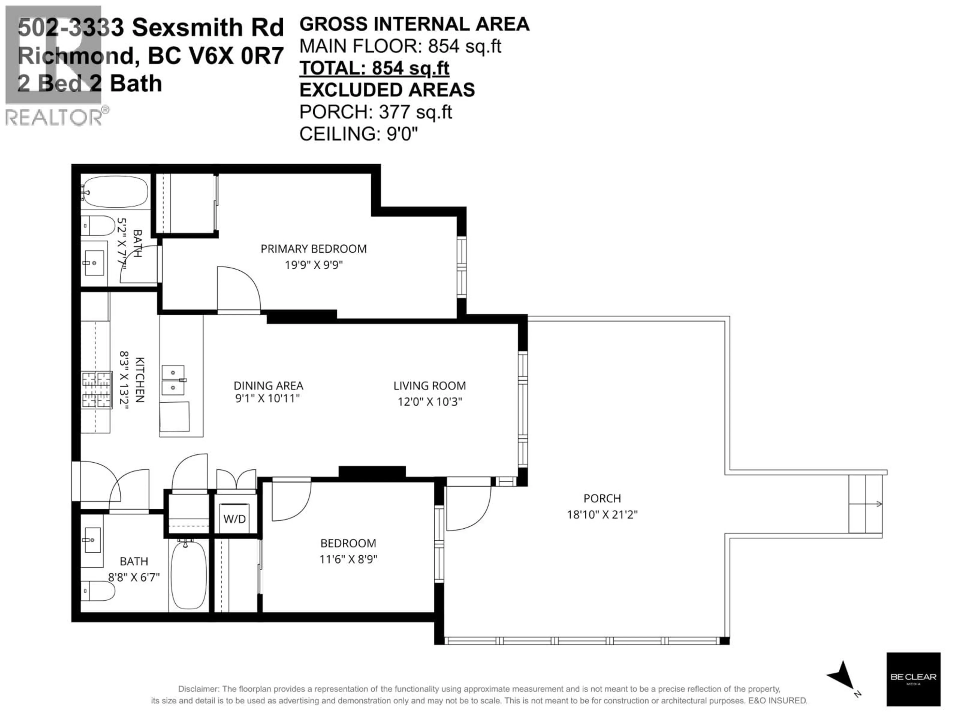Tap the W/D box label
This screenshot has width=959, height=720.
pyautogui.click(x=235, y=519)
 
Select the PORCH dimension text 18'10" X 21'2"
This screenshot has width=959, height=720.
pyautogui.click(x=602, y=515)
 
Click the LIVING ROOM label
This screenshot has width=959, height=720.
pyautogui.click(x=429, y=385)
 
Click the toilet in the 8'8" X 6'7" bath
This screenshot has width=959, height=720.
pyautogui.click(x=98, y=591)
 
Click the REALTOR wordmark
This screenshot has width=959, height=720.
pyautogui.click(x=54, y=117)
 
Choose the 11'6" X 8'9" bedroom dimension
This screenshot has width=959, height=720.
pyautogui.click(x=348, y=559)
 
